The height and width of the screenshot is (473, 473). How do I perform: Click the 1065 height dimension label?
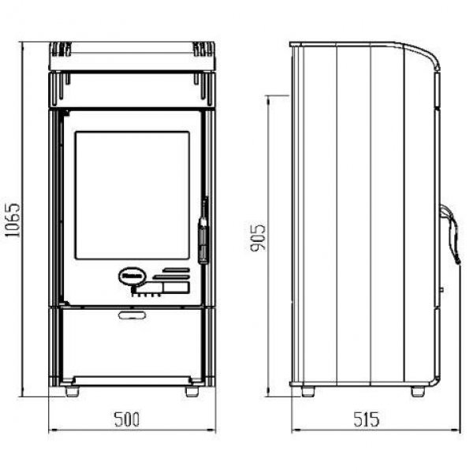coord(13,220)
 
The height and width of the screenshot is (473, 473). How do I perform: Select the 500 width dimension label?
coord(127,419)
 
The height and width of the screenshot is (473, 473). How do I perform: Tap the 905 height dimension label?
coord(259,237)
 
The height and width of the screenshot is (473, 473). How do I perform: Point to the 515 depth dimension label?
coord(366,419)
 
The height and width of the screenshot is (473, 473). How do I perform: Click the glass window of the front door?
coord(132,196)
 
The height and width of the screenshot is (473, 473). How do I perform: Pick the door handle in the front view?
coord(203,231)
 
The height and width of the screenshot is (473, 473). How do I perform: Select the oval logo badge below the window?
coord(132,276)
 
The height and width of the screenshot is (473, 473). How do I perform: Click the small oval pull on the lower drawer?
coord(132,315)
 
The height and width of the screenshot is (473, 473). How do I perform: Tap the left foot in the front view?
coord(73,392)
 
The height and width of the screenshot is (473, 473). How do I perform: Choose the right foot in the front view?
coord(192,392)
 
